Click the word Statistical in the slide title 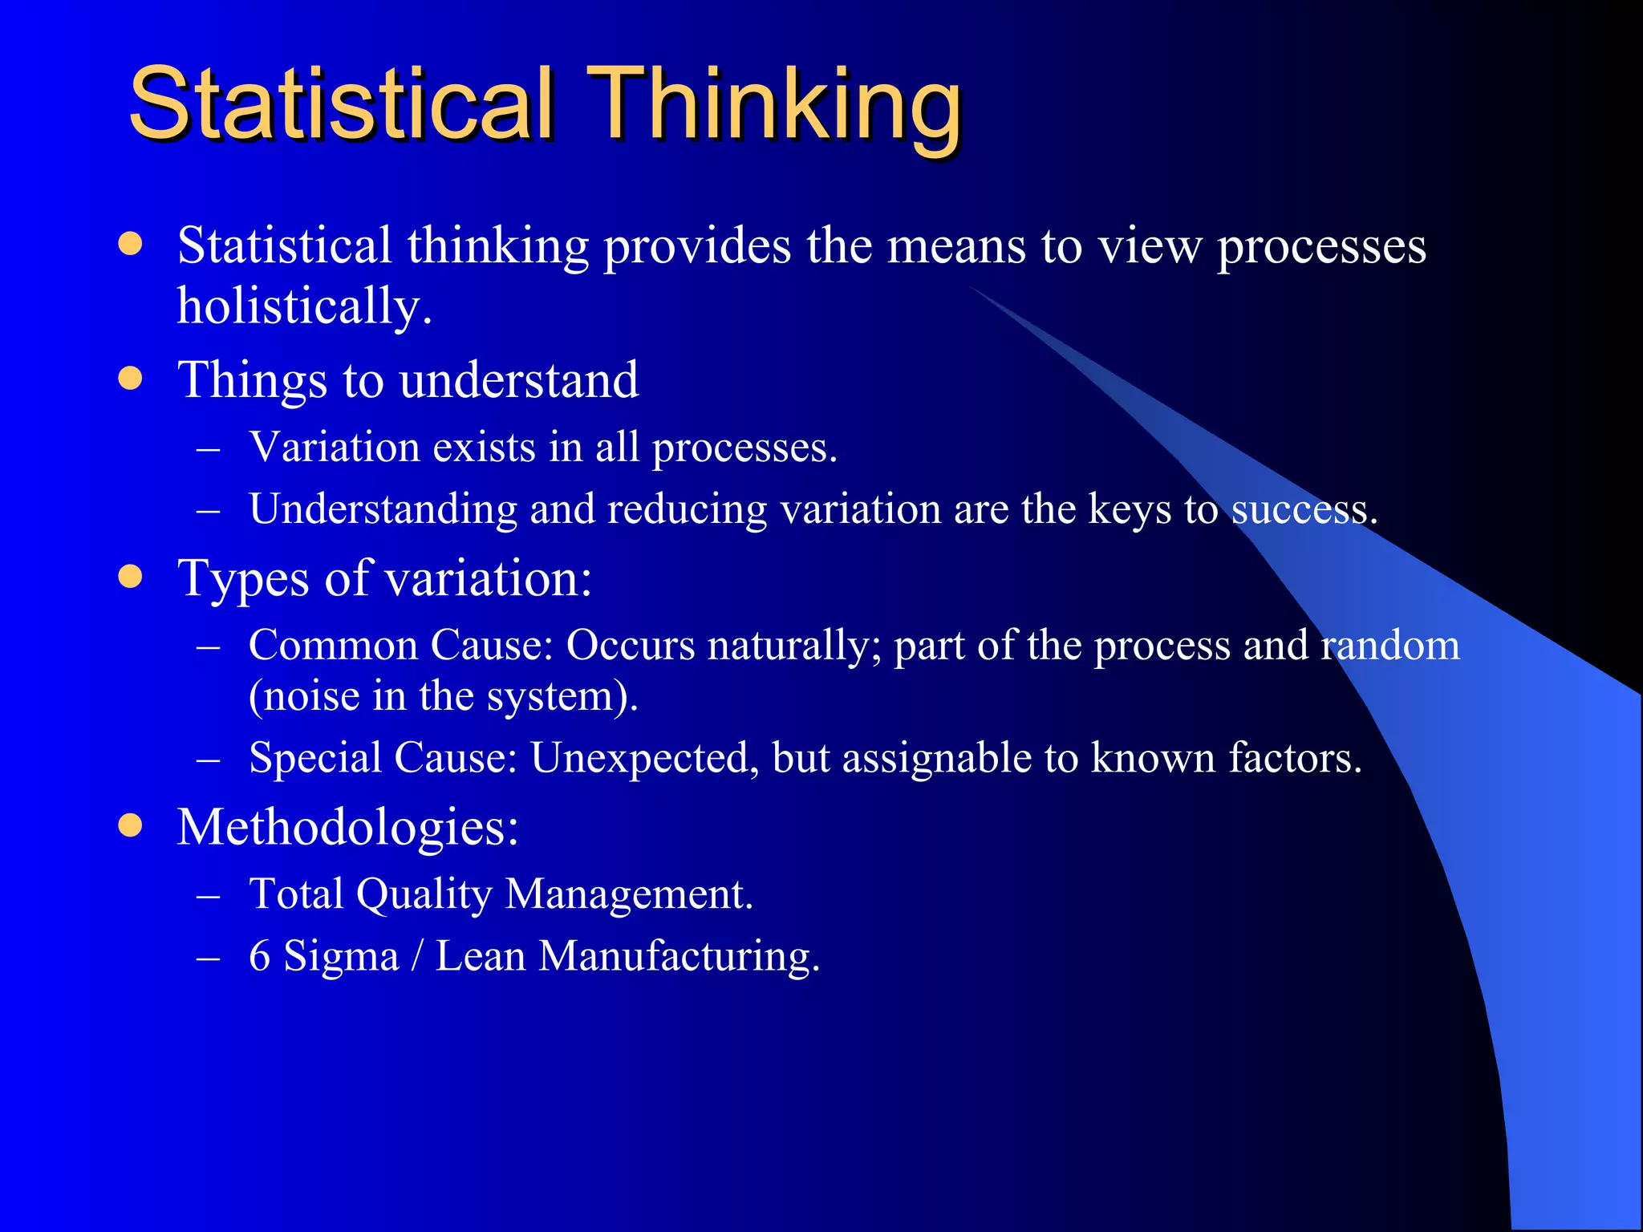click(341, 104)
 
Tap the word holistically click(304, 306)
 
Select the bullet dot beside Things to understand click(130, 378)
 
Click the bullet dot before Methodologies click(130, 825)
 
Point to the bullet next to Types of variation click(130, 576)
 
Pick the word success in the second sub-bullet click(1303, 509)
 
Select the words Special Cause click(383, 757)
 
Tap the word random click(1390, 645)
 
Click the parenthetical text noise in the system click(443, 695)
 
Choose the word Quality click(424, 894)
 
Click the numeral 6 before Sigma click(259, 956)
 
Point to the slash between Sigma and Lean click(416, 956)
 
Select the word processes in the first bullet click(1321, 247)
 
